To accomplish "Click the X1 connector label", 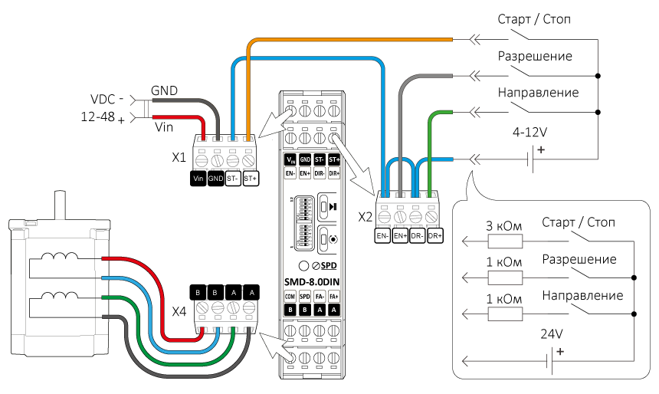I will point(179,159).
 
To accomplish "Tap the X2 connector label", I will point(366,217).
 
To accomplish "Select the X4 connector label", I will point(179,311).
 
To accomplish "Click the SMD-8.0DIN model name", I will point(311,281).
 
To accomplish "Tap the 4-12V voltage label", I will point(530,133).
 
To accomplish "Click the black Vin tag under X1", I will point(198,178).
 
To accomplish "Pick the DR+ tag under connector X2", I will point(435,237).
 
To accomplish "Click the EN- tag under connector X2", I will point(382,237).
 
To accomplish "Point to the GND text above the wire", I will point(164,90).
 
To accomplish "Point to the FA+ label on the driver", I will point(334,295).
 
